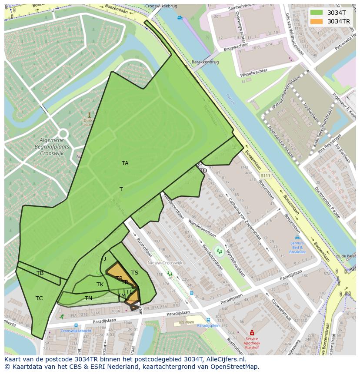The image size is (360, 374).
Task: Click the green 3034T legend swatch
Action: tap(317, 13)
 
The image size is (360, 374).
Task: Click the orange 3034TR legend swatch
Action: tap(317, 21)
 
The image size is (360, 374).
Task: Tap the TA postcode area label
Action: tap(125, 163)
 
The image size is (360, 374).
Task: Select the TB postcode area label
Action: tap(40, 273)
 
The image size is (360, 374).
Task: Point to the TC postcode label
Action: tap(39, 298)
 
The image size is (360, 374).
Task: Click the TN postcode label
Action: tap(88, 298)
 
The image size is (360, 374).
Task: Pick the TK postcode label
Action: tap(100, 285)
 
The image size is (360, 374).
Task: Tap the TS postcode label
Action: tap(135, 273)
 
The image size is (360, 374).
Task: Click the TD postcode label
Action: tap(203, 171)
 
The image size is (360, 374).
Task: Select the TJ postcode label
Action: tap(103, 259)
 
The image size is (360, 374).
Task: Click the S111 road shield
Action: tap(265, 175)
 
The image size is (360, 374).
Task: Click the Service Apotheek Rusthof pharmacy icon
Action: tap(251, 333)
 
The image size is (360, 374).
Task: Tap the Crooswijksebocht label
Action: tap(76, 331)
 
